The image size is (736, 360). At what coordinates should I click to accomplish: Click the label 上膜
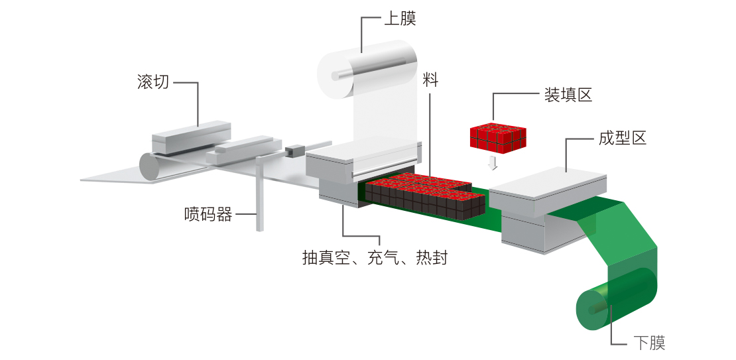pyautogui.click(x=400, y=19)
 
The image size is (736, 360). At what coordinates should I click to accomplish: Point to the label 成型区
pyautogui.click(x=621, y=139)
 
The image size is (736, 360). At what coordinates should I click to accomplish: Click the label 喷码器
pyautogui.click(x=208, y=214)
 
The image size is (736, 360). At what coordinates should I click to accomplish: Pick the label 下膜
pyautogui.click(x=648, y=343)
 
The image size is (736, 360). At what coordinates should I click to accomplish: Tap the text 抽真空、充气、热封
pyautogui.click(x=375, y=257)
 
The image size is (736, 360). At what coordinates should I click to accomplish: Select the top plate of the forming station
pyautogui.click(x=547, y=181)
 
